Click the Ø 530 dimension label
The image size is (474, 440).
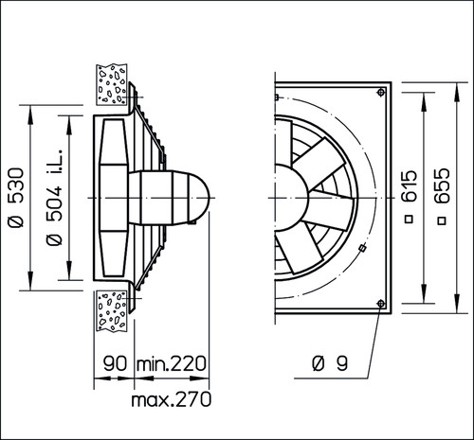point(16,198)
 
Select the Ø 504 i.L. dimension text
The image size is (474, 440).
point(54,197)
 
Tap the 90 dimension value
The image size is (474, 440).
point(115,363)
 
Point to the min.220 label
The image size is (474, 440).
point(171,363)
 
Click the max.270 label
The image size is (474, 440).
point(171,399)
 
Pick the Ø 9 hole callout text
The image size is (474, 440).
point(330,363)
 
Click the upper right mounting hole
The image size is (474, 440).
point(381,92)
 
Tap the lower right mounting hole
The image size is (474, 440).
point(381,304)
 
